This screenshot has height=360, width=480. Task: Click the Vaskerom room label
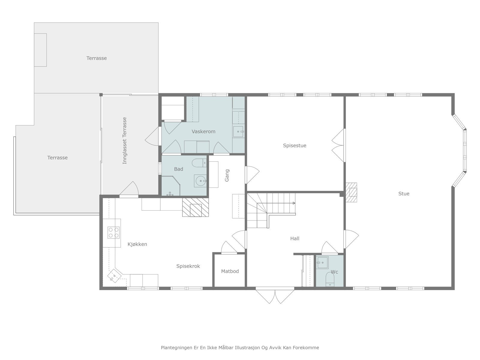(203, 131)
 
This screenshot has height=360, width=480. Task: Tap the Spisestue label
(295, 145)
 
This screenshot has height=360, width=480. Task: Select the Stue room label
(404, 194)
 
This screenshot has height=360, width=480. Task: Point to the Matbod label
(230, 271)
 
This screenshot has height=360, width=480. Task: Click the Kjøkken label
(137, 244)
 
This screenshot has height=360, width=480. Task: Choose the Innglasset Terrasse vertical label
(124, 140)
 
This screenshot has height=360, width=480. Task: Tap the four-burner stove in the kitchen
(113, 232)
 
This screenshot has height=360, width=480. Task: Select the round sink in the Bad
(200, 181)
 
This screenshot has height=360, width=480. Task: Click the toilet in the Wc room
(330, 279)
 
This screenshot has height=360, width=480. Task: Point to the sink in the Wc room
(322, 262)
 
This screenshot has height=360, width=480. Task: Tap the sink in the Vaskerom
(238, 132)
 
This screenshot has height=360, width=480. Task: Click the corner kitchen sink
(114, 276)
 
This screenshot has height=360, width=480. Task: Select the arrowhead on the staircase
(294, 203)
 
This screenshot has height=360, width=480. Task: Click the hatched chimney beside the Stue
(351, 192)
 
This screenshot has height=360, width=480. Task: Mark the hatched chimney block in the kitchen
(196, 207)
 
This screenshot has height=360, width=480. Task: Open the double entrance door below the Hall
(275, 296)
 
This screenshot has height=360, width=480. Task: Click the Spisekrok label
(188, 266)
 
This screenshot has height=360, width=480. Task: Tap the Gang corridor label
(227, 175)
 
